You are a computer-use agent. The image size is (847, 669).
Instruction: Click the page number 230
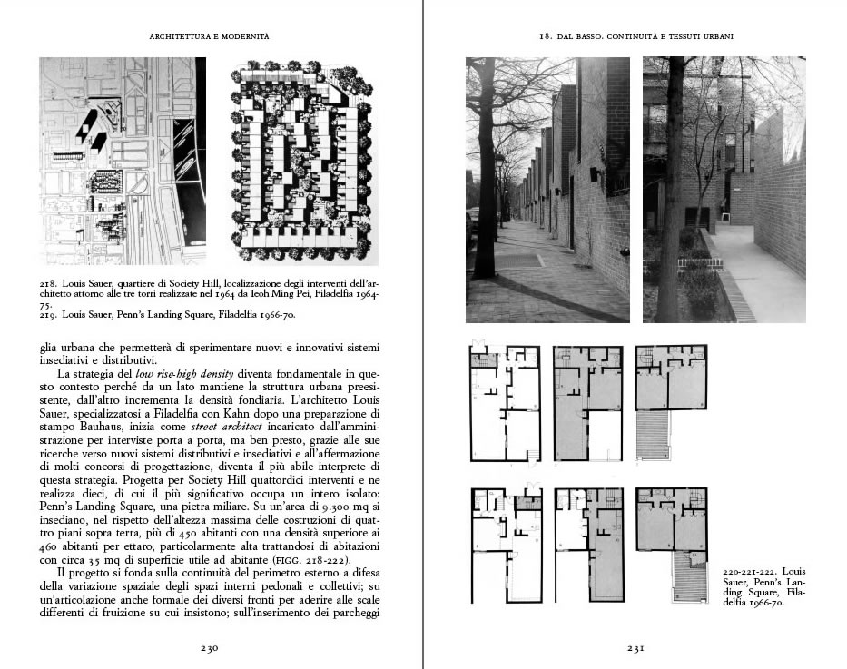coord(211,648)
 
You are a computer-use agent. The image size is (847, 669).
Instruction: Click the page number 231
coord(635,648)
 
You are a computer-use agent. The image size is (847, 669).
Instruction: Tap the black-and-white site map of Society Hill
coord(123,162)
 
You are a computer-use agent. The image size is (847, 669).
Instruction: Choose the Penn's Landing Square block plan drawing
coord(300,162)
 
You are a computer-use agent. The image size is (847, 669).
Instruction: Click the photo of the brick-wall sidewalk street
coord(547,190)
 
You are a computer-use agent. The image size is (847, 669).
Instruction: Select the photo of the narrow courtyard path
coord(724,190)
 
